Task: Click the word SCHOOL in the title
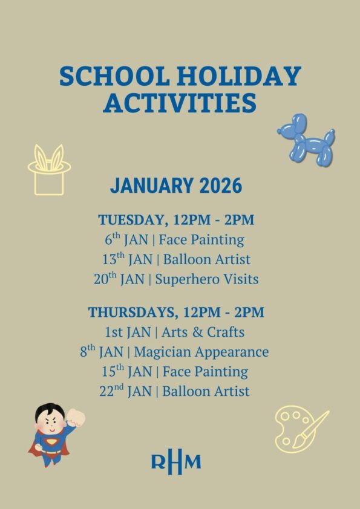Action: pyautogui.click(x=114, y=76)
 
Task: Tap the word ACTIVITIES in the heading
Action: pyautogui.click(x=180, y=103)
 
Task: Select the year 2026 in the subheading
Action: pyautogui.click(x=221, y=186)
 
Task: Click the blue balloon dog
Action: pyautogui.click(x=306, y=140)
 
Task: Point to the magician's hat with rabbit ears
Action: pyautogui.click(x=49, y=170)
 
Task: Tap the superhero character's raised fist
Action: pyautogui.click(x=76, y=418)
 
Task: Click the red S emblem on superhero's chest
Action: pyautogui.click(x=51, y=442)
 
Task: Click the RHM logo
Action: pyautogui.click(x=176, y=462)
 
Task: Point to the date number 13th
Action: pyautogui.click(x=114, y=259)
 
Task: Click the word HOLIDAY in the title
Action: pyautogui.click(x=239, y=76)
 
